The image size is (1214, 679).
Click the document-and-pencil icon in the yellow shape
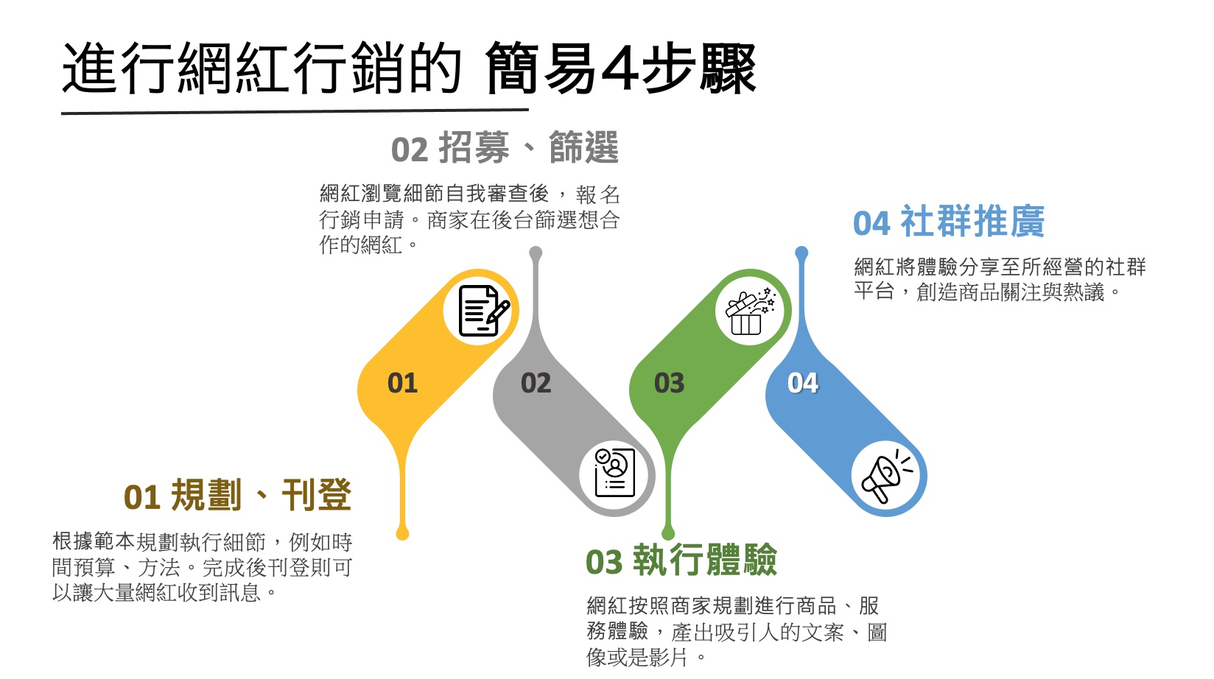coord(483,311)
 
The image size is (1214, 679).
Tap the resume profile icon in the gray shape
coord(614,472)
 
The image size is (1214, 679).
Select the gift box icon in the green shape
coord(750,312)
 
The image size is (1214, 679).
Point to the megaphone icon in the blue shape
coord(887,476)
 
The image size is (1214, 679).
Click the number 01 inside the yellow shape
coord(402,383)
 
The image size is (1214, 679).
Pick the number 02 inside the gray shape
coord(536,383)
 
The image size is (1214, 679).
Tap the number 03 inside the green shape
coord(669,383)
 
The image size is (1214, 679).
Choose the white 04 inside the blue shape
coord(803,383)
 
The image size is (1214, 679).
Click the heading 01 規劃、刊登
coord(237,495)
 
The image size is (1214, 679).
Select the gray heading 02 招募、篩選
coord(505,147)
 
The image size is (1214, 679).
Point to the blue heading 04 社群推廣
coord(949,221)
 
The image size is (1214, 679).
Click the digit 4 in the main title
coord(620,68)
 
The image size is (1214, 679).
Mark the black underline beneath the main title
coord(295,112)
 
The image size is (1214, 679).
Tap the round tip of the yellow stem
coord(402,533)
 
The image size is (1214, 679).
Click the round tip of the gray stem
coord(536,253)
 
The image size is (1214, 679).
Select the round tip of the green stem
coord(668,533)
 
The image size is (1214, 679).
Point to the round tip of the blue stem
coord(801,253)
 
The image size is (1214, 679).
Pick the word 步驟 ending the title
coord(698,68)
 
